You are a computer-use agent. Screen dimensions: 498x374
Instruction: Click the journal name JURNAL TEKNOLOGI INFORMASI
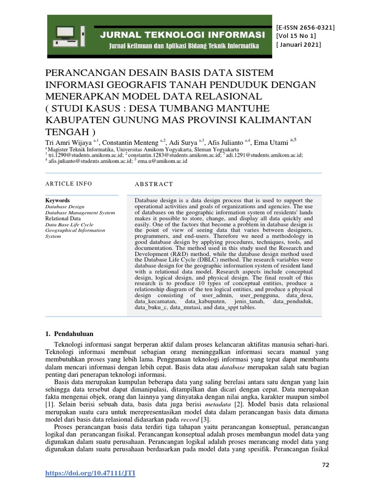tap(182, 35)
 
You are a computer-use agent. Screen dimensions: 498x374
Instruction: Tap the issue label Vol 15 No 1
tap(296, 36)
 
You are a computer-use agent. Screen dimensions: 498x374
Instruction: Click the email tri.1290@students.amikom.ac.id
tap(86, 155)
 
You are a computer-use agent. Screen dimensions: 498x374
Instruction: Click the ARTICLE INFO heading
tap(69, 184)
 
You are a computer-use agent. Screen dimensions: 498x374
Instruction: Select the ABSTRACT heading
tap(153, 184)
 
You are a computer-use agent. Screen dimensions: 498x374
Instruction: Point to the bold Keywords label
tap(57, 200)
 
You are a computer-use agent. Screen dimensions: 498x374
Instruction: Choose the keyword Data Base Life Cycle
tap(69, 225)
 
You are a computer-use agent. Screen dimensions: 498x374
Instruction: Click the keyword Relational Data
tap(63, 219)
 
